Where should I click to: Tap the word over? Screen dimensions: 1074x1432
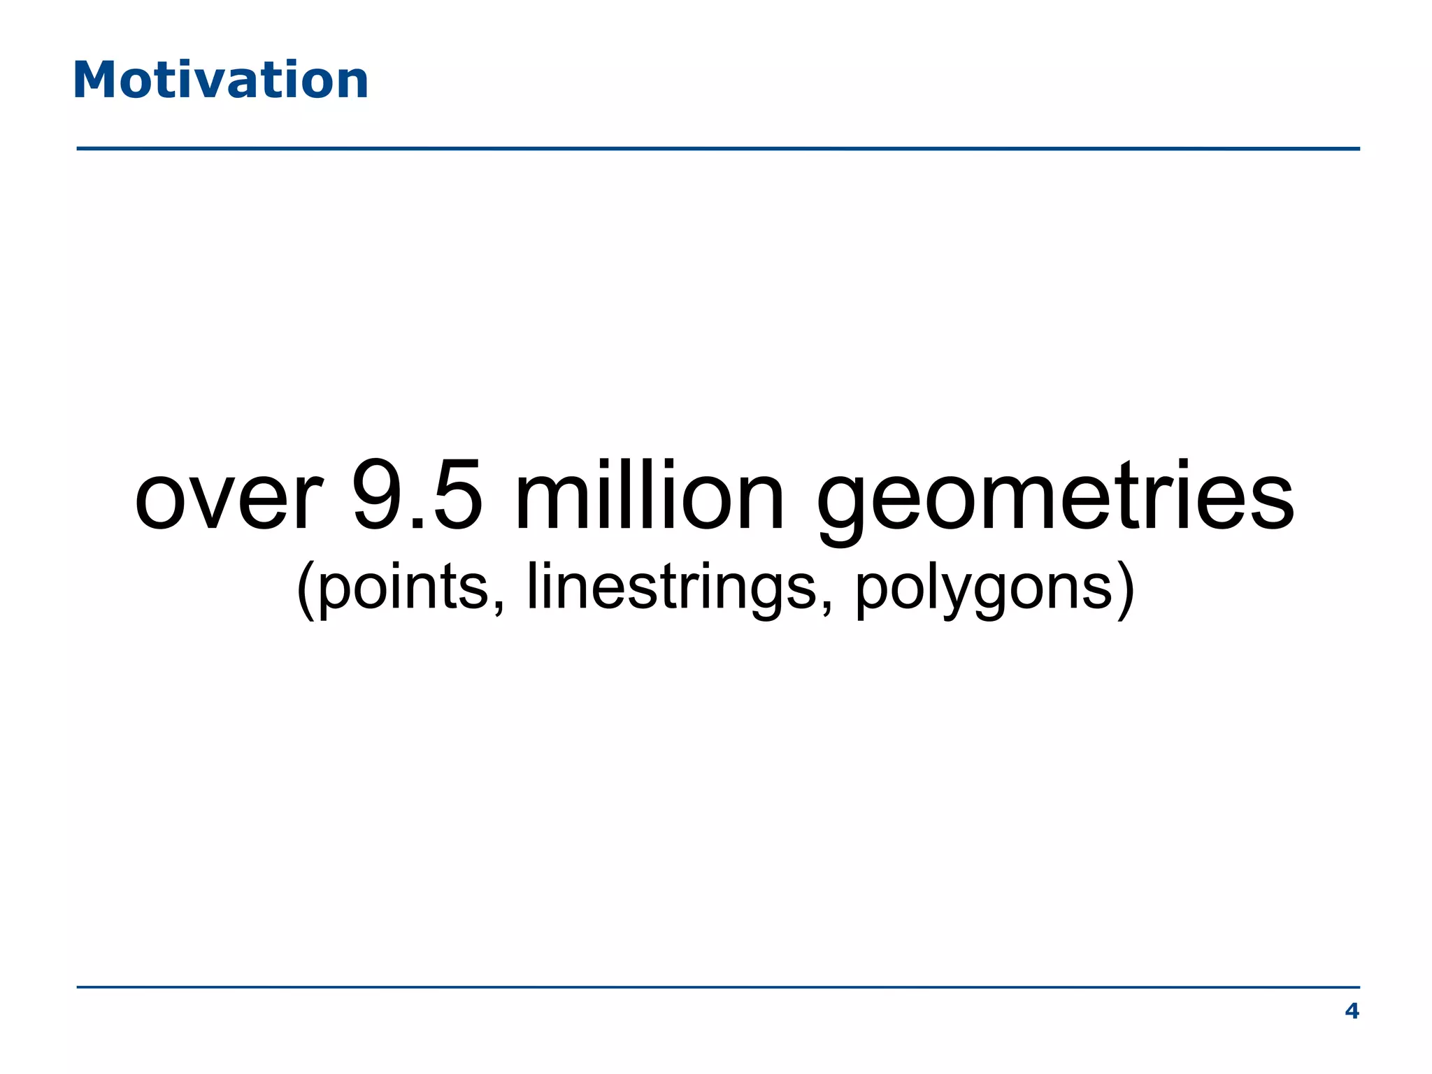pos(229,498)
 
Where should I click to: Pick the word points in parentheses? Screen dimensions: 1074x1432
pos(403,587)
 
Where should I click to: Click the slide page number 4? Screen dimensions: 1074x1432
pos(1352,1011)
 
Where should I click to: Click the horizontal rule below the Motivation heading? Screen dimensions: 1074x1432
pos(717,149)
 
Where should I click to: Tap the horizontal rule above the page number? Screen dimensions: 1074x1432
pos(717,987)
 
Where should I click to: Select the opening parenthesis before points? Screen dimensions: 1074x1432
pos(306,589)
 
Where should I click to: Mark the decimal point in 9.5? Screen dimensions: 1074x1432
pos(418,523)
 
